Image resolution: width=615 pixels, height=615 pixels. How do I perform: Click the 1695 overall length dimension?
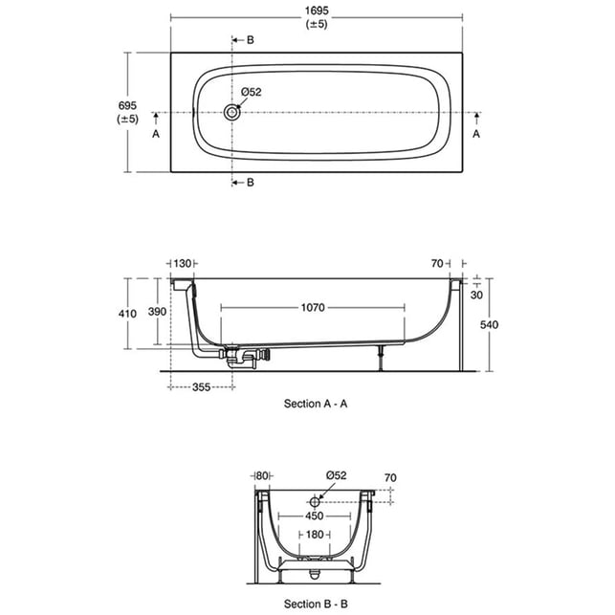point(317,11)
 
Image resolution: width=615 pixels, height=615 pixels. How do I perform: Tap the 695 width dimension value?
point(127,105)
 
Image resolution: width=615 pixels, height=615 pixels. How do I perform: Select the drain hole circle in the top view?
point(231,113)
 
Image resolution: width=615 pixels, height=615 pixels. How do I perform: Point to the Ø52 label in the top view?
point(252,92)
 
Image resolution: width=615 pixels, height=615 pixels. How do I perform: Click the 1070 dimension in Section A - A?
point(313,307)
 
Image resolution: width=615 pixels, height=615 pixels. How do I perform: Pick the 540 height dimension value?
point(489,325)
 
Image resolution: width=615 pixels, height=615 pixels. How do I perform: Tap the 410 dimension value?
point(127,314)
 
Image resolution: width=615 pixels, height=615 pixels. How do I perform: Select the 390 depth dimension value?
point(157,312)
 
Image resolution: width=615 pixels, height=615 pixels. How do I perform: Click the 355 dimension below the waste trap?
point(201,387)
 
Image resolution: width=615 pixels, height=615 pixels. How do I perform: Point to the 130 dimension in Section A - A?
point(183,264)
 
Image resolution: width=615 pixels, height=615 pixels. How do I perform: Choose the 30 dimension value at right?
point(476,295)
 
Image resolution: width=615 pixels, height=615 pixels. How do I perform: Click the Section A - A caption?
point(316,404)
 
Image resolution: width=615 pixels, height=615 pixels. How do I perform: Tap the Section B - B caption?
point(316,604)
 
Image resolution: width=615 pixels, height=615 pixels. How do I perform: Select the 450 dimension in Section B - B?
point(315,516)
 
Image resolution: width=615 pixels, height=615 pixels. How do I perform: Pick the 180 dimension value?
point(315,535)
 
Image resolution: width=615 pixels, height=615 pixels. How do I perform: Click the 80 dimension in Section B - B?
point(262,476)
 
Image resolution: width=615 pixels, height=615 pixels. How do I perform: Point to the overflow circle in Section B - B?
point(315,501)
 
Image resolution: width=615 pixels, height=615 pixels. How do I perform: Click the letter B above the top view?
point(251,40)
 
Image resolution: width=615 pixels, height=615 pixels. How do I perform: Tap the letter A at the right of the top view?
point(476,134)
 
